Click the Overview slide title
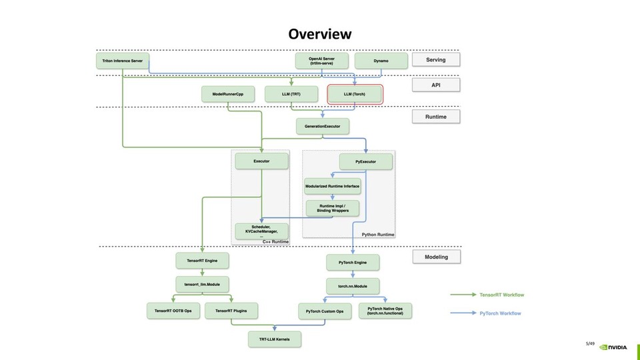pyautogui.click(x=319, y=33)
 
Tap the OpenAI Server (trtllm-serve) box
pyautogui.click(x=321, y=61)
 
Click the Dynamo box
pyautogui.click(x=381, y=61)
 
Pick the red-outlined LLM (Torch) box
pyautogui.click(x=355, y=94)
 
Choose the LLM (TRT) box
pyautogui.click(x=291, y=94)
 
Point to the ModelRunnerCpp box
pyautogui.click(x=228, y=94)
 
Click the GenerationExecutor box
pyautogui.click(x=322, y=125)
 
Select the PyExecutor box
pyautogui.click(x=366, y=161)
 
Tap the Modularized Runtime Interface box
pyautogui.click(x=333, y=186)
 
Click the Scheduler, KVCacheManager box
pyautogui.click(x=261, y=231)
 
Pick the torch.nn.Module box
pyautogui.click(x=353, y=286)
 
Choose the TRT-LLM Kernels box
pyautogui.click(x=275, y=339)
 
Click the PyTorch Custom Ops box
pyautogui.click(x=325, y=311)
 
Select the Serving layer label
pyautogui.click(x=436, y=59)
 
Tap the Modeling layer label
pyautogui.click(x=436, y=257)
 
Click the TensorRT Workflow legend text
pyautogui.click(x=501, y=294)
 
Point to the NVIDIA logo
pyautogui.click(x=613, y=347)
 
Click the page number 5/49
pyautogui.click(x=589, y=343)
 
